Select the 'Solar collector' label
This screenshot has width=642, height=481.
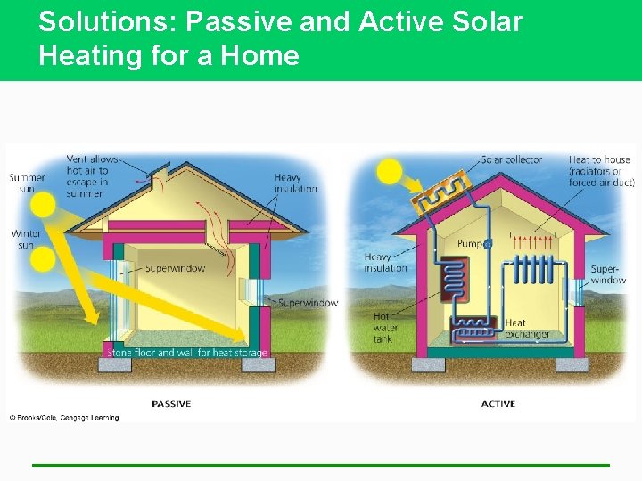[x=511, y=160]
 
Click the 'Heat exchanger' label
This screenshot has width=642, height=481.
[x=527, y=329]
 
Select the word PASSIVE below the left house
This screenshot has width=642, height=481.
[x=171, y=404]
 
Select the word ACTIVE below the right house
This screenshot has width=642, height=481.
[x=498, y=404]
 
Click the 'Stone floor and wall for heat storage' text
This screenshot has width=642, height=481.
[x=186, y=353]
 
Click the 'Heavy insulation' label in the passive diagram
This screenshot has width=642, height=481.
[x=295, y=183]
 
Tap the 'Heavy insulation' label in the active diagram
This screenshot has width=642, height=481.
[x=385, y=263]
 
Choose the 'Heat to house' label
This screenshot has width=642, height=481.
[x=601, y=171]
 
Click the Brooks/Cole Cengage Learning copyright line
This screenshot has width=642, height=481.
[x=64, y=417]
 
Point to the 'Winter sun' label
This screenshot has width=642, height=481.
[x=26, y=239]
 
